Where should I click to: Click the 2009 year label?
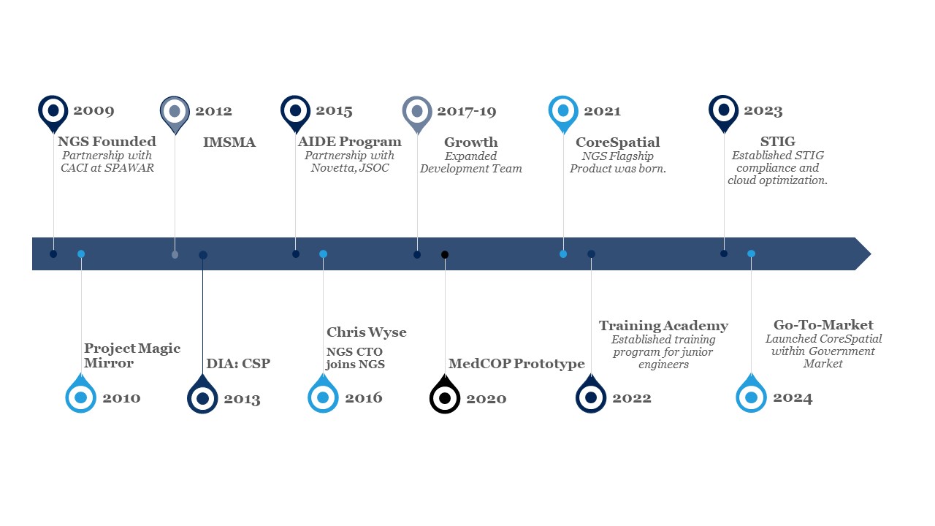[x=93, y=110]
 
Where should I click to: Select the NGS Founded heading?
[x=107, y=142]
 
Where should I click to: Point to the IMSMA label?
[x=229, y=142]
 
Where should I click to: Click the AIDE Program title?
[x=349, y=142]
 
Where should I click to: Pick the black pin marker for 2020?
[x=445, y=394]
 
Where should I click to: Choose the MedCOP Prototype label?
[x=516, y=364]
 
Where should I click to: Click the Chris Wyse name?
[x=367, y=332]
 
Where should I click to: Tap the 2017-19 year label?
[x=467, y=112]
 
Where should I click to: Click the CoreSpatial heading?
[x=618, y=142]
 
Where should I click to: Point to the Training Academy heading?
[x=664, y=326]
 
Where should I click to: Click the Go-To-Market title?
[x=823, y=325]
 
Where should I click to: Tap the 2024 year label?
[x=793, y=398]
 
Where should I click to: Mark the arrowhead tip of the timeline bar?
[x=871, y=254]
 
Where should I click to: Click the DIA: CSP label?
[x=238, y=364]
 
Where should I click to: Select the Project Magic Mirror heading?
[x=132, y=356]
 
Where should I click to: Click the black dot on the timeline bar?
[x=445, y=255]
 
